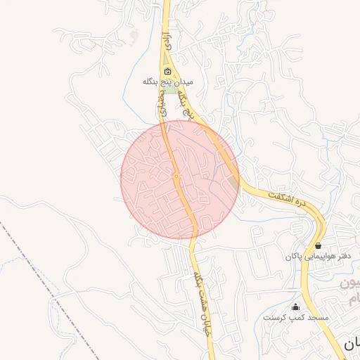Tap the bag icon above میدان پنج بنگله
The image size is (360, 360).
click(167, 72)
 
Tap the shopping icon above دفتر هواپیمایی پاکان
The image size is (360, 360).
click(319, 246)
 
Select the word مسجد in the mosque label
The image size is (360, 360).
click(319, 318)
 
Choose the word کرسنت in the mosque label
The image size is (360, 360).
click(275, 318)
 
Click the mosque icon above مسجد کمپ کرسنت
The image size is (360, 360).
click(295, 307)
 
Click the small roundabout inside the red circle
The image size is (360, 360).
click(176, 176)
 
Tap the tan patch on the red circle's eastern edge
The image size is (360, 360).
click(233, 184)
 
